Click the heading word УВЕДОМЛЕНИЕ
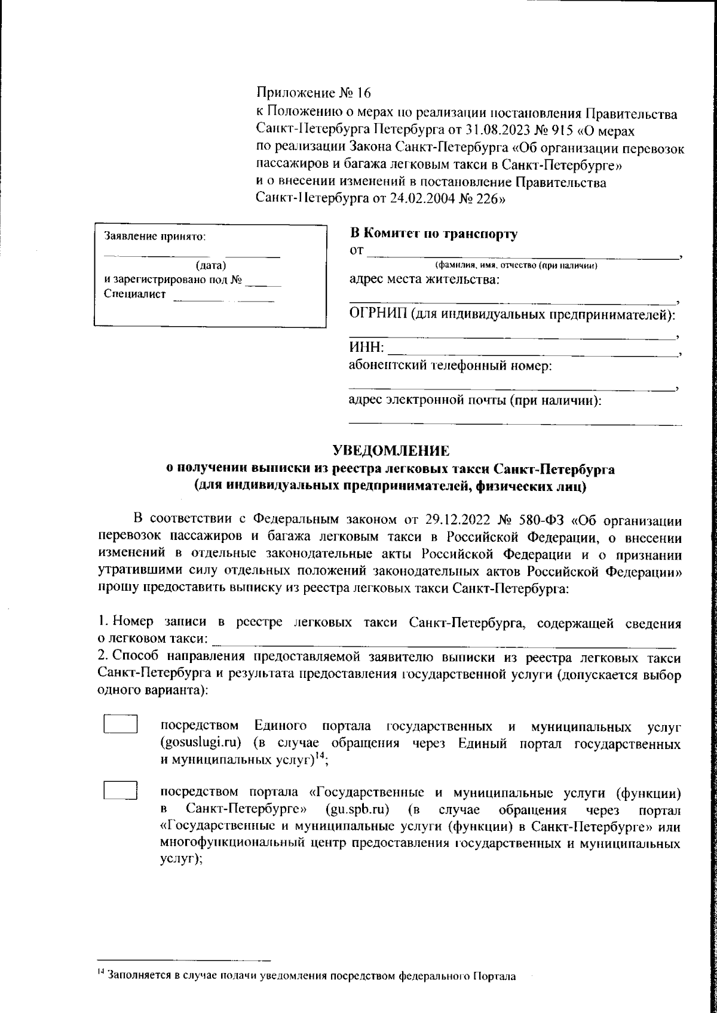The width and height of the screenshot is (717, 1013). (390, 450)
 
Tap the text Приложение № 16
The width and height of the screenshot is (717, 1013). (314, 93)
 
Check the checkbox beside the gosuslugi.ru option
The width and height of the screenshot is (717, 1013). (121, 724)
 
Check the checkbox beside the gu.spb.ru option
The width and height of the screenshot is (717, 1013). (121, 791)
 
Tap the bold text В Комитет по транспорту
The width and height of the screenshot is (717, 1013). (433, 234)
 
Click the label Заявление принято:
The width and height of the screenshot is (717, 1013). (155, 236)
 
